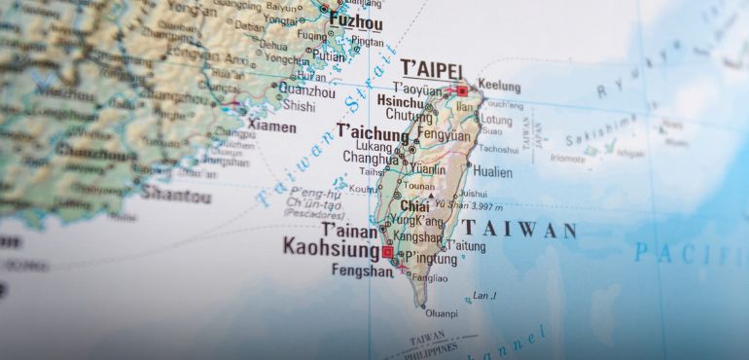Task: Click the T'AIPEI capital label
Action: (x=431, y=67)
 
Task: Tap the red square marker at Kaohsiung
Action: (x=387, y=252)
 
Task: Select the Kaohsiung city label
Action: (x=330, y=246)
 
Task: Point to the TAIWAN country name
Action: (x=519, y=231)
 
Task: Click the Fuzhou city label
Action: (x=356, y=20)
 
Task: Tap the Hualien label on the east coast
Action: (x=492, y=171)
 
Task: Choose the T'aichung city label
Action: (x=373, y=131)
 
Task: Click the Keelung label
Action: (x=498, y=87)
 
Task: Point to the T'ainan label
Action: (x=349, y=230)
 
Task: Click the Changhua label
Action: (x=371, y=159)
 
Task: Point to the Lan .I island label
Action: (x=484, y=296)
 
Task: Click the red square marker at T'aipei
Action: (x=462, y=90)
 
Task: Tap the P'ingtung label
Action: (x=432, y=257)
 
